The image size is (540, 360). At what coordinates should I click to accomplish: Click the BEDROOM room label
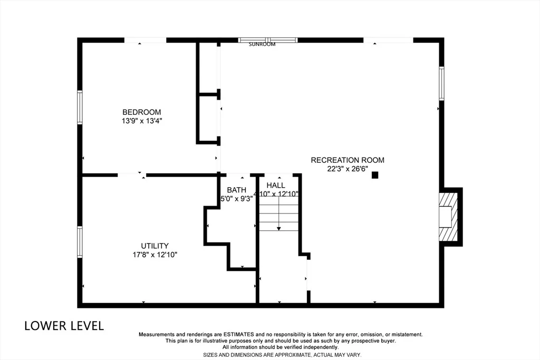[141, 112]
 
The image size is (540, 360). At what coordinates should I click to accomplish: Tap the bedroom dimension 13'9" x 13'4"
[141, 121]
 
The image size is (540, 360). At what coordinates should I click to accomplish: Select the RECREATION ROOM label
[348, 160]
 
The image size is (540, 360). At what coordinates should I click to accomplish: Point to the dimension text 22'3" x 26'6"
[348, 169]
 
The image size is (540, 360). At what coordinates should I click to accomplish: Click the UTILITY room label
[155, 246]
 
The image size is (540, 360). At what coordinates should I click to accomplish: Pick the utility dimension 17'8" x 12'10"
[155, 255]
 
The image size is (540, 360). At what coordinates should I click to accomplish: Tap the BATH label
[237, 190]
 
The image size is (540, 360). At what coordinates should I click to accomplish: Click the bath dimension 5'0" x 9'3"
[237, 199]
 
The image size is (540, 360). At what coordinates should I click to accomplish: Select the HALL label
[275, 186]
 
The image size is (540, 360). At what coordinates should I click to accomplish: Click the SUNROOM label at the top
[262, 44]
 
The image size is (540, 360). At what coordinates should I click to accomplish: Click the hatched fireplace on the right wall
[448, 217]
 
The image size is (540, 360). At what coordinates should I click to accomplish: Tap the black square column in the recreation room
[375, 175]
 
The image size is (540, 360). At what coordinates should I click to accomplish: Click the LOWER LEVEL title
[64, 326]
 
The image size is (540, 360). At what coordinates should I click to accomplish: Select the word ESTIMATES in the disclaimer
[239, 334]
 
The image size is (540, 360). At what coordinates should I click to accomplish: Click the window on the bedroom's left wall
[80, 107]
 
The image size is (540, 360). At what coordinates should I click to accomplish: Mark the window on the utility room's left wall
[80, 242]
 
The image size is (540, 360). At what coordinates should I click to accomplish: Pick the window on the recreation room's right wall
[441, 84]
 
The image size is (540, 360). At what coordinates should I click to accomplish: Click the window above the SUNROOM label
[268, 40]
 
